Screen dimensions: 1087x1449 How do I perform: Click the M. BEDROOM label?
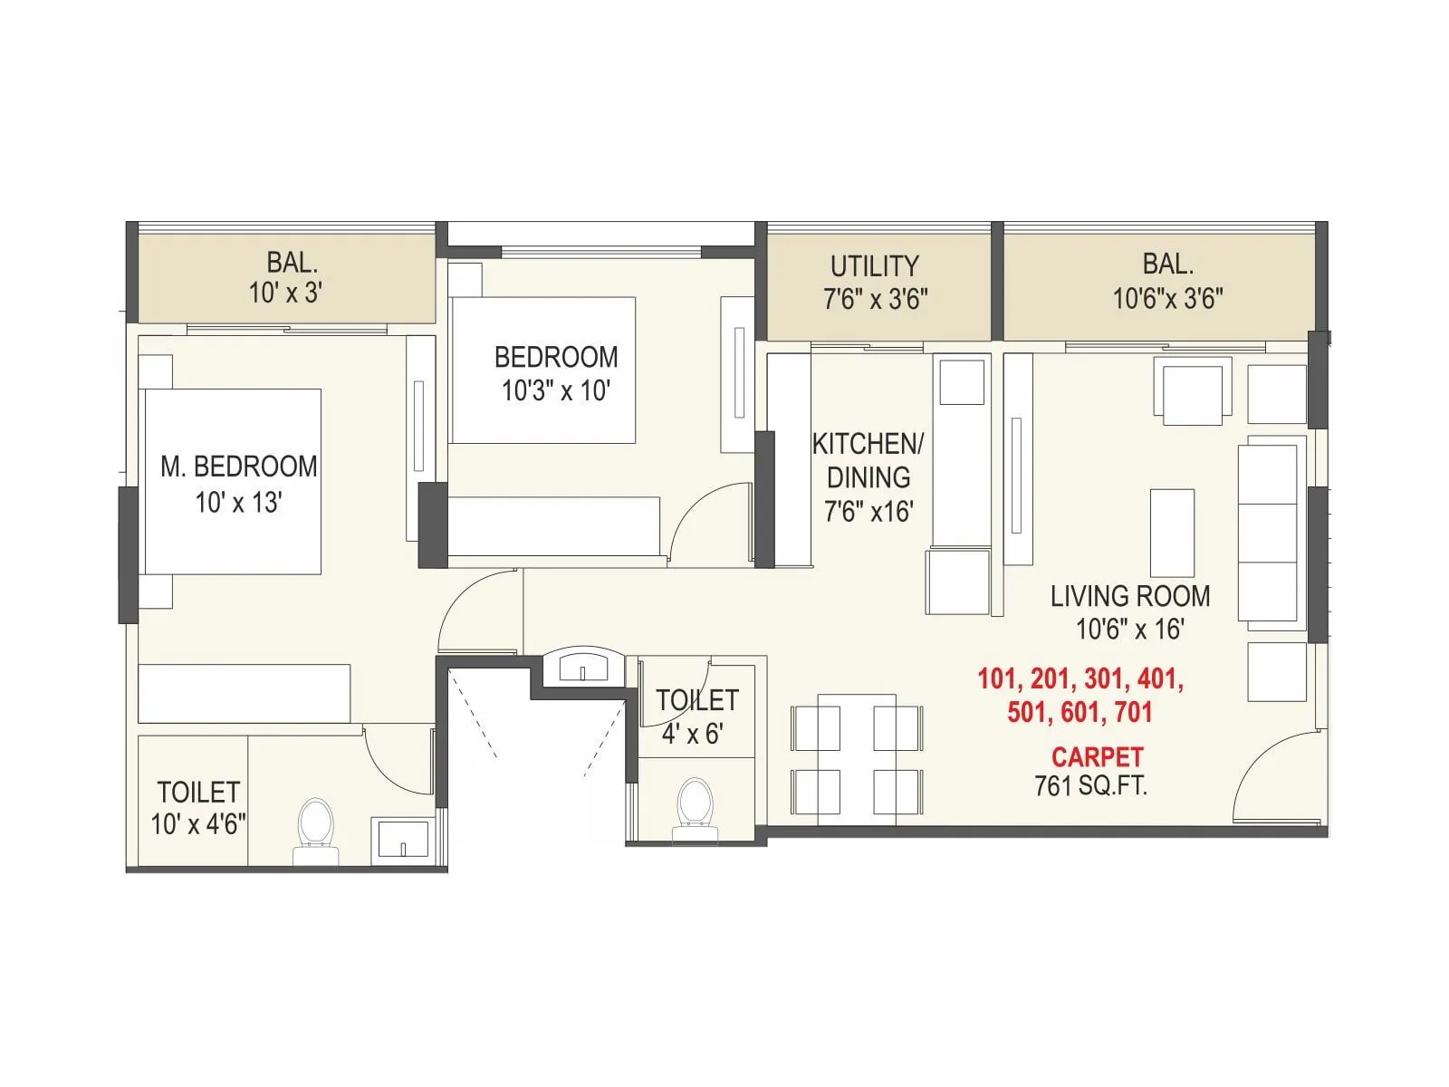(239, 467)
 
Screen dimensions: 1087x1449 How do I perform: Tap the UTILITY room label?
(874, 265)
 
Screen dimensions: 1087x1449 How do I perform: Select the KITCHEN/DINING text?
(868, 460)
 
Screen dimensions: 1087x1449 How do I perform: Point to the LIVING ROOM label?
(1130, 596)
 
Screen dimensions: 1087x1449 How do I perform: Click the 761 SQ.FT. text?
(1090, 785)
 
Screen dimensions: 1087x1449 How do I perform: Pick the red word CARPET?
(1097, 756)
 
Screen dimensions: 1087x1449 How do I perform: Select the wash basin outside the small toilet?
(584, 666)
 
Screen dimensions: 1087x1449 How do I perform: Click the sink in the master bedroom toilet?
(398, 839)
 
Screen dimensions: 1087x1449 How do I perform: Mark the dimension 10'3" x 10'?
(556, 391)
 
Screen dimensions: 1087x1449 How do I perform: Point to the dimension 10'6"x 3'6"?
(1168, 298)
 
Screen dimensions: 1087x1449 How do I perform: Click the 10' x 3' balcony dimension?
(286, 293)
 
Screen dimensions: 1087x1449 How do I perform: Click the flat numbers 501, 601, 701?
(1080, 712)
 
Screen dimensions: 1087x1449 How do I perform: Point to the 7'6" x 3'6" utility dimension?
(875, 298)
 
